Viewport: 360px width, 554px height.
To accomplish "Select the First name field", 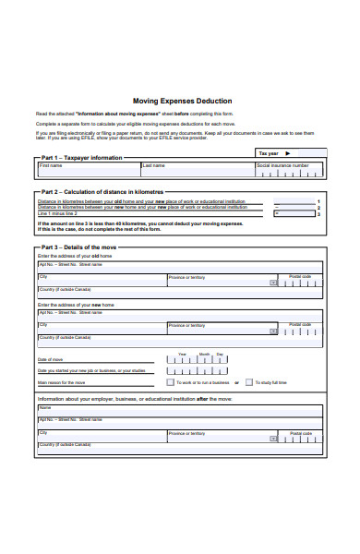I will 88,171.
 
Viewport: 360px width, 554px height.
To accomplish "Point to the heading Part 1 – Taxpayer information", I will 82,158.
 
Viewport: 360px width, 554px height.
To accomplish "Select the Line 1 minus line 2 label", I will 57,213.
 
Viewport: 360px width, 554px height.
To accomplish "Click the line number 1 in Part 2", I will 318,200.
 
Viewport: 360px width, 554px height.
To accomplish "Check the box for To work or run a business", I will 196,381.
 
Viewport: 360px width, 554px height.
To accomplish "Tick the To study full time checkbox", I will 274,381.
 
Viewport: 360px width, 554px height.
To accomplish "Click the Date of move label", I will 51,359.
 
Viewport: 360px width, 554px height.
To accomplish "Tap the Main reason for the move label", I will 62,381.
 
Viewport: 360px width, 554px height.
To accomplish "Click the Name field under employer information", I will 180,410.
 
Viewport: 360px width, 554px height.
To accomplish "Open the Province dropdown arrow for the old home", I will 273,283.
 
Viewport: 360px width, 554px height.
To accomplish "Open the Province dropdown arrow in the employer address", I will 273,438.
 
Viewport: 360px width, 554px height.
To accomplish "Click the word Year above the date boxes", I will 182,354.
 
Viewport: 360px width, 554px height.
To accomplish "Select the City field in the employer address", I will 102,435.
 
